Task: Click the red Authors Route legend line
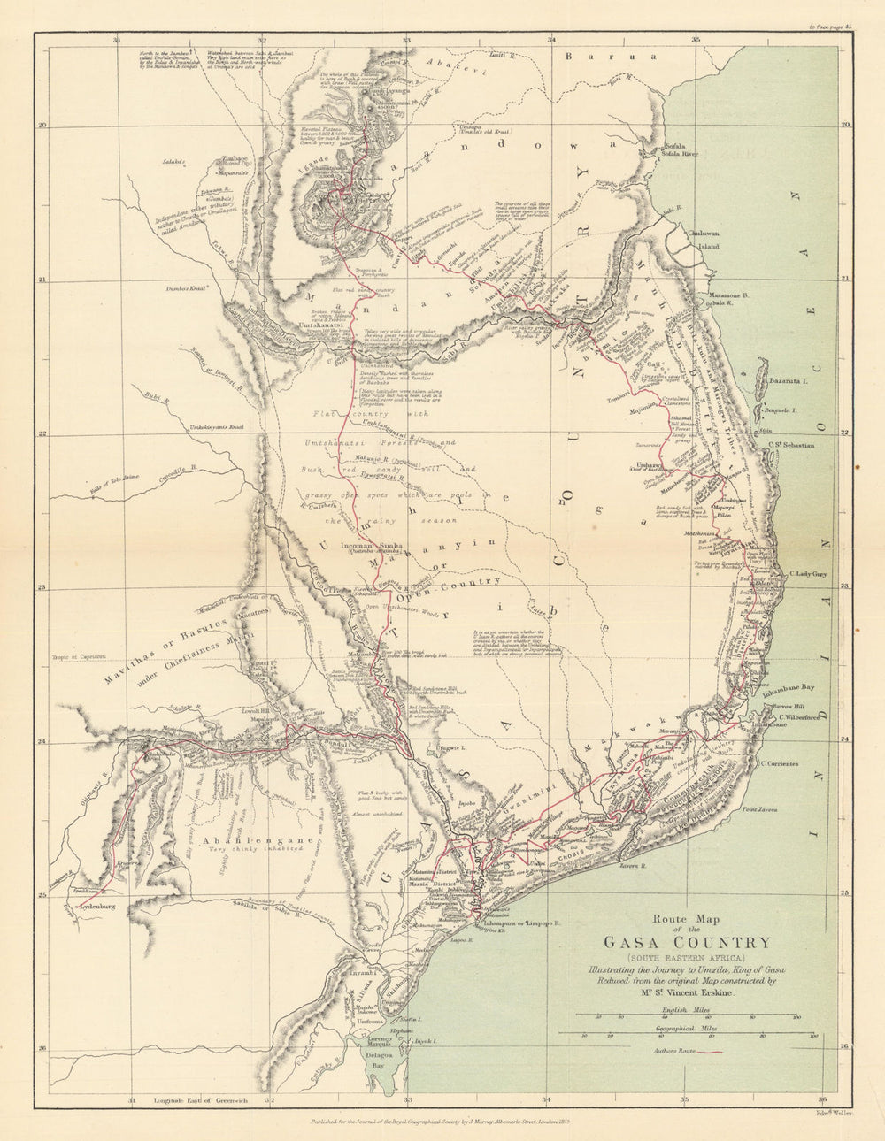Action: click(x=711, y=1053)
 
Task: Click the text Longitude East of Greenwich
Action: click(x=199, y=1099)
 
